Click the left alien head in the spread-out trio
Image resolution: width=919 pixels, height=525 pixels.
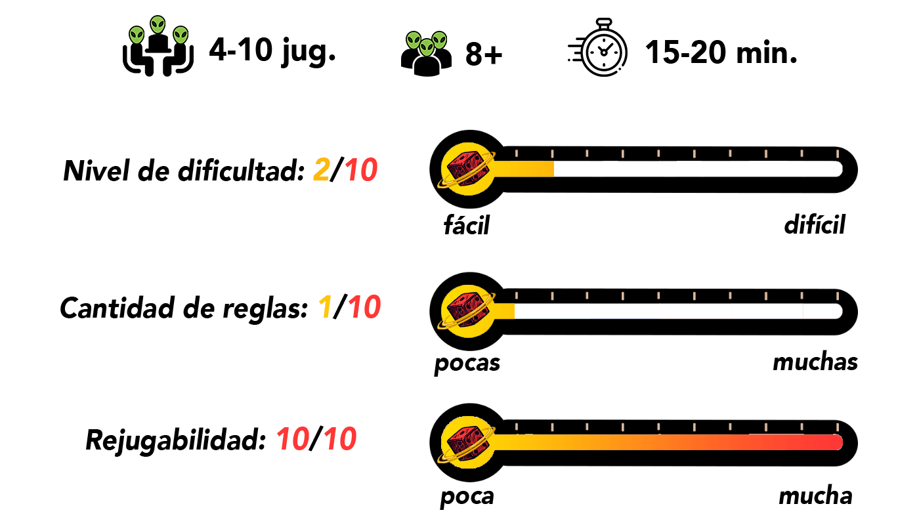137,35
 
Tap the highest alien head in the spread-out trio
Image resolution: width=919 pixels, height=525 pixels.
158,25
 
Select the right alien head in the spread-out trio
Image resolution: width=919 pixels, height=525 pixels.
181,35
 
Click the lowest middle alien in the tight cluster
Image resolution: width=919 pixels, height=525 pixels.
427,47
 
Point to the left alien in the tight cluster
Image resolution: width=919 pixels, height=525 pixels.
414,41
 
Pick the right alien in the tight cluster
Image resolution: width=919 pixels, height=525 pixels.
439,41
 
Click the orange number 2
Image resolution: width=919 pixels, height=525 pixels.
322,170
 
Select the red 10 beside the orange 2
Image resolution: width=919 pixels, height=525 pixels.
361,171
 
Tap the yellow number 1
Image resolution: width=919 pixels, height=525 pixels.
325,307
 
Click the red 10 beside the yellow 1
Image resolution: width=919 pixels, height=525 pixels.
364,307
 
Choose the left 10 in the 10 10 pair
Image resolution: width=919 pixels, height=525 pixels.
293,439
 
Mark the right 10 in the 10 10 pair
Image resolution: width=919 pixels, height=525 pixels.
340,439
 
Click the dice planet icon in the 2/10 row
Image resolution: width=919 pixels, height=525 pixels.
467,169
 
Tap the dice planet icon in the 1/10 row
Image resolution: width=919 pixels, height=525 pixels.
467,311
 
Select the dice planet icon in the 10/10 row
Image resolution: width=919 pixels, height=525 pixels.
467,442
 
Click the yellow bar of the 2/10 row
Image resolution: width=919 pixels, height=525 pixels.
525,169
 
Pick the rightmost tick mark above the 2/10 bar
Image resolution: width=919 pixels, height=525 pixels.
837,154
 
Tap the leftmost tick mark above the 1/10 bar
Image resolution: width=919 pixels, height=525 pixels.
517,296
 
